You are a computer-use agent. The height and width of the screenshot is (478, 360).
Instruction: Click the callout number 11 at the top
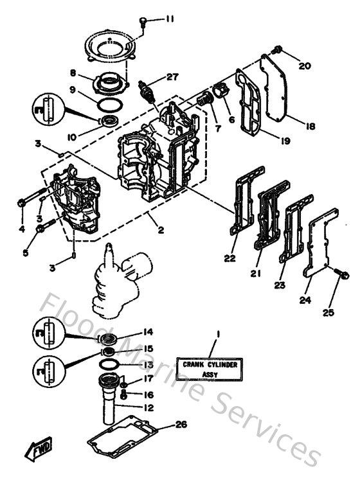pos(169,20)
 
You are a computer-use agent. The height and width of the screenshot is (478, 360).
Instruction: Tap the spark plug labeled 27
pos(150,90)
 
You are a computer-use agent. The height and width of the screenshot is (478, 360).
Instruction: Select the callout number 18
pos(310,127)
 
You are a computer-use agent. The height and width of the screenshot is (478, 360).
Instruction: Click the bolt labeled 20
pos(278,49)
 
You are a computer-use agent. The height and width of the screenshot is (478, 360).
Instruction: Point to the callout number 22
pos(230,258)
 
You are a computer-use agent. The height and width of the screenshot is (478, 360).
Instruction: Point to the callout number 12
pos(148,407)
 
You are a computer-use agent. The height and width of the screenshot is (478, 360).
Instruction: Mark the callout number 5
pos(26,253)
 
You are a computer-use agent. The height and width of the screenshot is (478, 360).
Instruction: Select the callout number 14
pos(148,332)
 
